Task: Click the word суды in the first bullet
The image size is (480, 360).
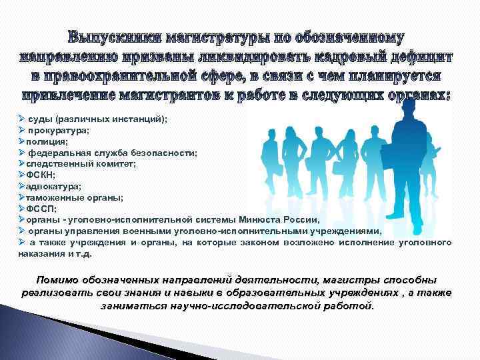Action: coord(40,119)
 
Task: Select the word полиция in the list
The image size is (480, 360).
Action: coord(45,142)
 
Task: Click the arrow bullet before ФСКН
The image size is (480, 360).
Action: coord(21,175)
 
